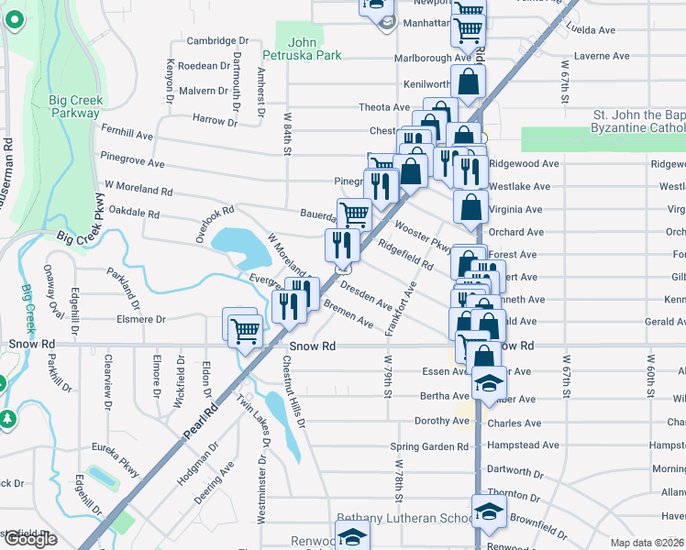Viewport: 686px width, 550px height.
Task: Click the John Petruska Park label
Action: tap(314, 49)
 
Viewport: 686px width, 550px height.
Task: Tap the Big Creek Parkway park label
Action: tap(76, 106)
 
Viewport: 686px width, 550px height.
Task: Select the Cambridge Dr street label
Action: tap(217, 41)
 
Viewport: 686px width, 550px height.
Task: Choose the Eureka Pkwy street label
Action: tap(115, 460)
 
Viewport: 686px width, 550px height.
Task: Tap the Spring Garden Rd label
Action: tap(429, 447)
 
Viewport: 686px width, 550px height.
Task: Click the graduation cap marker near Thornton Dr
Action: tap(489, 511)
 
